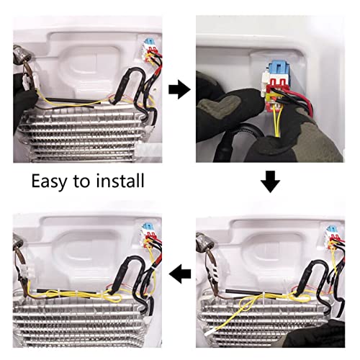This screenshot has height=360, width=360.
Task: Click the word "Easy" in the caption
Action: [x=49, y=181]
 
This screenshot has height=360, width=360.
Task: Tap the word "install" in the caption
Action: [x=120, y=180]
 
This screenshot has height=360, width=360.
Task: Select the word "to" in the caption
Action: [x=81, y=181]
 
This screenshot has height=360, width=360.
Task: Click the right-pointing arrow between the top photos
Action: [x=179, y=89]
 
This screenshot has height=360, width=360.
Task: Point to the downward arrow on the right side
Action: [x=270, y=181]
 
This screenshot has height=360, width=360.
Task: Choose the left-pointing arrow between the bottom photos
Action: [x=180, y=274]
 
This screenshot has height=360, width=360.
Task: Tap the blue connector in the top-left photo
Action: [x=149, y=42]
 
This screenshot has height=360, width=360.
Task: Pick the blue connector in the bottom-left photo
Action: [x=147, y=227]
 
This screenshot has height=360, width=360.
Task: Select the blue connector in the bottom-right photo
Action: [x=331, y=230]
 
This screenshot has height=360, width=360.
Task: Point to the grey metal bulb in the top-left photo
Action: [x=22, y=55]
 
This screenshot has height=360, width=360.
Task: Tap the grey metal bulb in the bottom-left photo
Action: [x=19, y=242]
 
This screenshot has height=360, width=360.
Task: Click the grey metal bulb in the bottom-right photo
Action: [x=204, y=240]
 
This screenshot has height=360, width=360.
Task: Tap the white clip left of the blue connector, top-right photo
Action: [x=264, y=83]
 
